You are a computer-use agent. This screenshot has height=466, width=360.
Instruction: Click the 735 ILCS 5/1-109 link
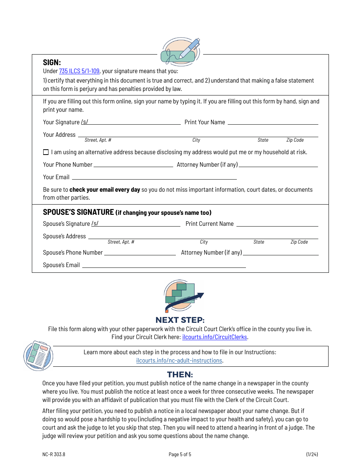point(79,71)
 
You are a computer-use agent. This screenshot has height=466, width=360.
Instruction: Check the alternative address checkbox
point(46,152)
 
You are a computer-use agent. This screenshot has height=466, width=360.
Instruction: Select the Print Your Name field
point(273,122)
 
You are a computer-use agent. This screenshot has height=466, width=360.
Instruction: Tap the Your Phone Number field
point(133,164)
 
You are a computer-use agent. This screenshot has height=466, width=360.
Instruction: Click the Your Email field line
point(154,177)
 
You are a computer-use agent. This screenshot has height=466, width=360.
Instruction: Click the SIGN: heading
point(52,63)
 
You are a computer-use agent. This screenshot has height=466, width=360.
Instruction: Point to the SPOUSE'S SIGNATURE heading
point(78,212)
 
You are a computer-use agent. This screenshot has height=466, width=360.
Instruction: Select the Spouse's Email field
point(164,265)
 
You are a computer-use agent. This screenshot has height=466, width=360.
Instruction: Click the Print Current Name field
point(277,224)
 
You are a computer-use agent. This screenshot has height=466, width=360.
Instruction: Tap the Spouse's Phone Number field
point(140,253)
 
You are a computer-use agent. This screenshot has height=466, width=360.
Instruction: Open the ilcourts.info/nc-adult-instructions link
point(179,360)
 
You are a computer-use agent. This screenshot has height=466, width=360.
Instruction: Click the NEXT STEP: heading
point(180,320)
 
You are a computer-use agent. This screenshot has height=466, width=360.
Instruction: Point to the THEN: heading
point(180,375)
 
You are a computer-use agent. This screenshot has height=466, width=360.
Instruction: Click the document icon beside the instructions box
point(38,355)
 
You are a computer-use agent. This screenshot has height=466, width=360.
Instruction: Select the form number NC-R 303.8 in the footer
point(51,455)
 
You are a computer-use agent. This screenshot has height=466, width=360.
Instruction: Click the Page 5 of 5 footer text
point(180,455)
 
